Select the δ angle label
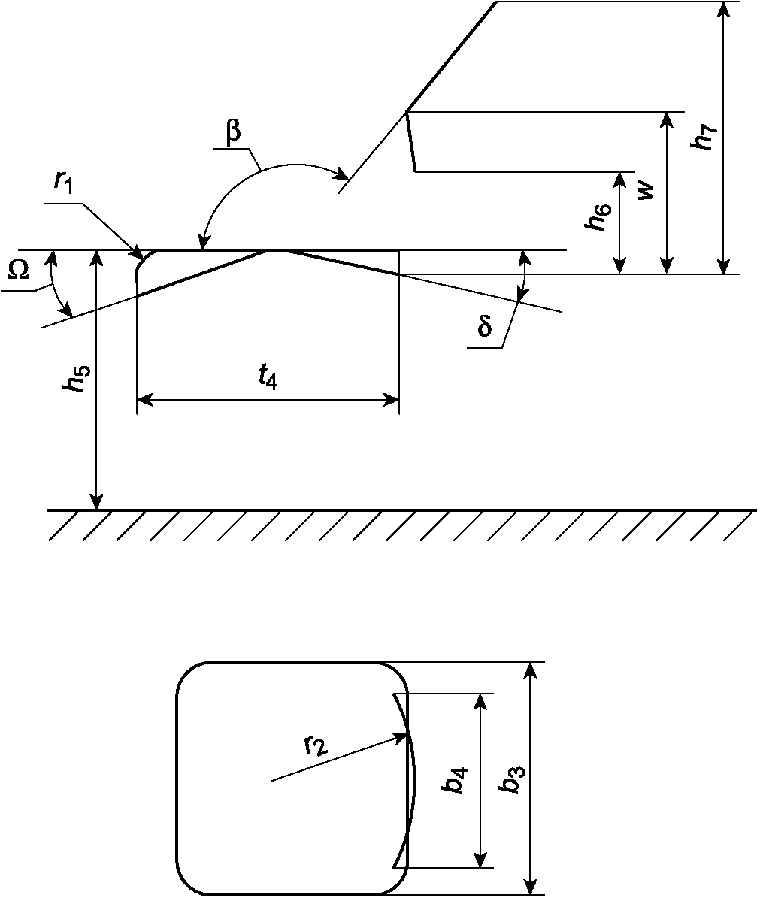tap(485, 328)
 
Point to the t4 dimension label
tap(267, 379)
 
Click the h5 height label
tap(74, 380)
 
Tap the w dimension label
tap(647, 191)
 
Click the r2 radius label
tap(316, 745)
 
